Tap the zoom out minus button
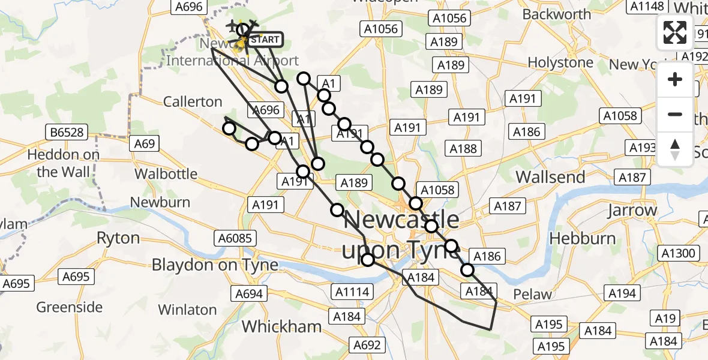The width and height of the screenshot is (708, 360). pos(675,114)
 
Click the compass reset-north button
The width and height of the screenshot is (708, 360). pos(675,149)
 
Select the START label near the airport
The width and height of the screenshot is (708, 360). pos(263,40)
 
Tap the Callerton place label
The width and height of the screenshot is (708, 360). pos(193,101)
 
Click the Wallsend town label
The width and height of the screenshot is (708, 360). pos(550,177)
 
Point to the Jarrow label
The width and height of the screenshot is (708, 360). pos(632,211)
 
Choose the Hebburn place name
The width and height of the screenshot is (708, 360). pos(583,238)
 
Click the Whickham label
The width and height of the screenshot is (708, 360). pos(281,326)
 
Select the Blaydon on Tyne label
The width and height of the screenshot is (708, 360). pos(215,265)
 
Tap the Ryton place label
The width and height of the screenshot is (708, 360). pos(118,238)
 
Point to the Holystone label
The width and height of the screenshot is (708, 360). pos(560,62)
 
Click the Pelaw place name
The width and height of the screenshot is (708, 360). pos(533,294)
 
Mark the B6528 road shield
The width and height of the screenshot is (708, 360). pos(67,131)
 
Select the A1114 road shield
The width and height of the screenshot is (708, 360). pos(352,292)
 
